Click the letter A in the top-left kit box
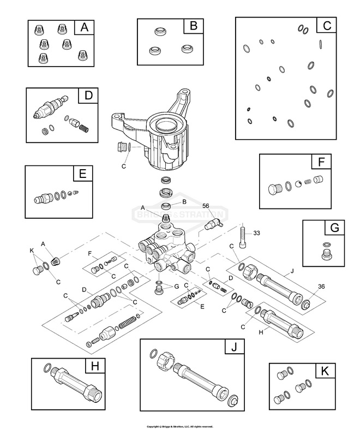coord(85,27)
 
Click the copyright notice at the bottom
coord(179,425)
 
